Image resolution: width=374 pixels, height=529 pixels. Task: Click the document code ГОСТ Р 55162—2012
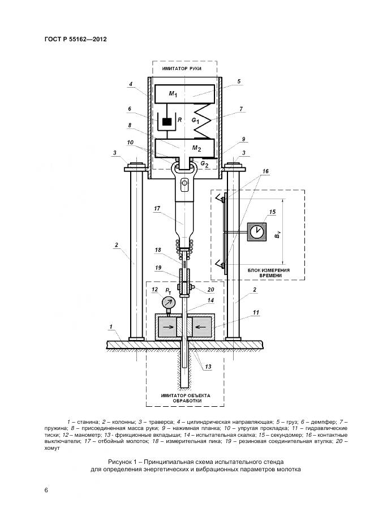[75, 40]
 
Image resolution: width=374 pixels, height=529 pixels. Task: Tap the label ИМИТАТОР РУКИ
[182, 68]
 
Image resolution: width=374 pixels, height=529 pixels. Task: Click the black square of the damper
[167, 122]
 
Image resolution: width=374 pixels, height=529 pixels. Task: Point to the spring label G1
[195, 121]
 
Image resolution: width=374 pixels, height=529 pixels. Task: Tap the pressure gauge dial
[168, 303]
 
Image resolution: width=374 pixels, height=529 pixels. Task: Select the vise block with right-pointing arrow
[167, 326]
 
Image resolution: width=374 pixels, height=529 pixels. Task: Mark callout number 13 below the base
[208, 367]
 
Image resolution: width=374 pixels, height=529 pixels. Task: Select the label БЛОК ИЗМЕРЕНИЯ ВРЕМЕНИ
[269, 273]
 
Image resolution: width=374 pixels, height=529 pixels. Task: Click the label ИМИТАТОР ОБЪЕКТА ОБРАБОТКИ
[185, 398]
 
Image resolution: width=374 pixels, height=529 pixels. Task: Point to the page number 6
[46, 489]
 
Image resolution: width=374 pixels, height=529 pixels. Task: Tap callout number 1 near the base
[112, 326]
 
